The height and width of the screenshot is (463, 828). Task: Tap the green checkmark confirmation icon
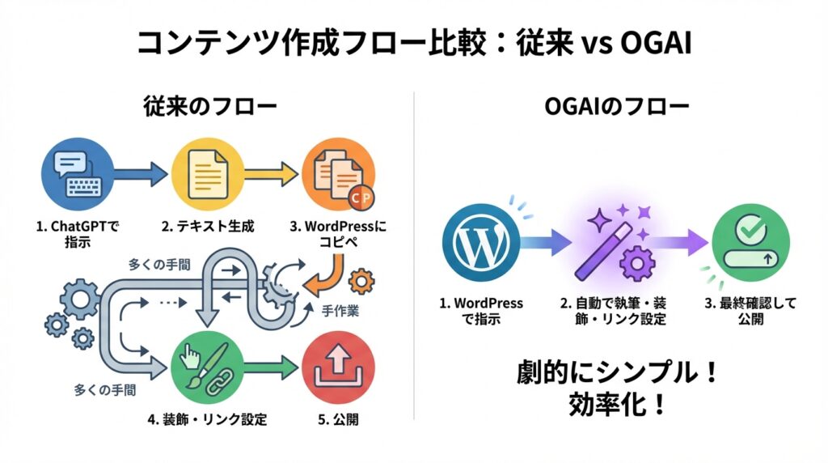(744, 240)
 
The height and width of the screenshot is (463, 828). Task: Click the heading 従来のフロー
(209, 106)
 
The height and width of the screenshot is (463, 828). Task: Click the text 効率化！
(618, 405)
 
